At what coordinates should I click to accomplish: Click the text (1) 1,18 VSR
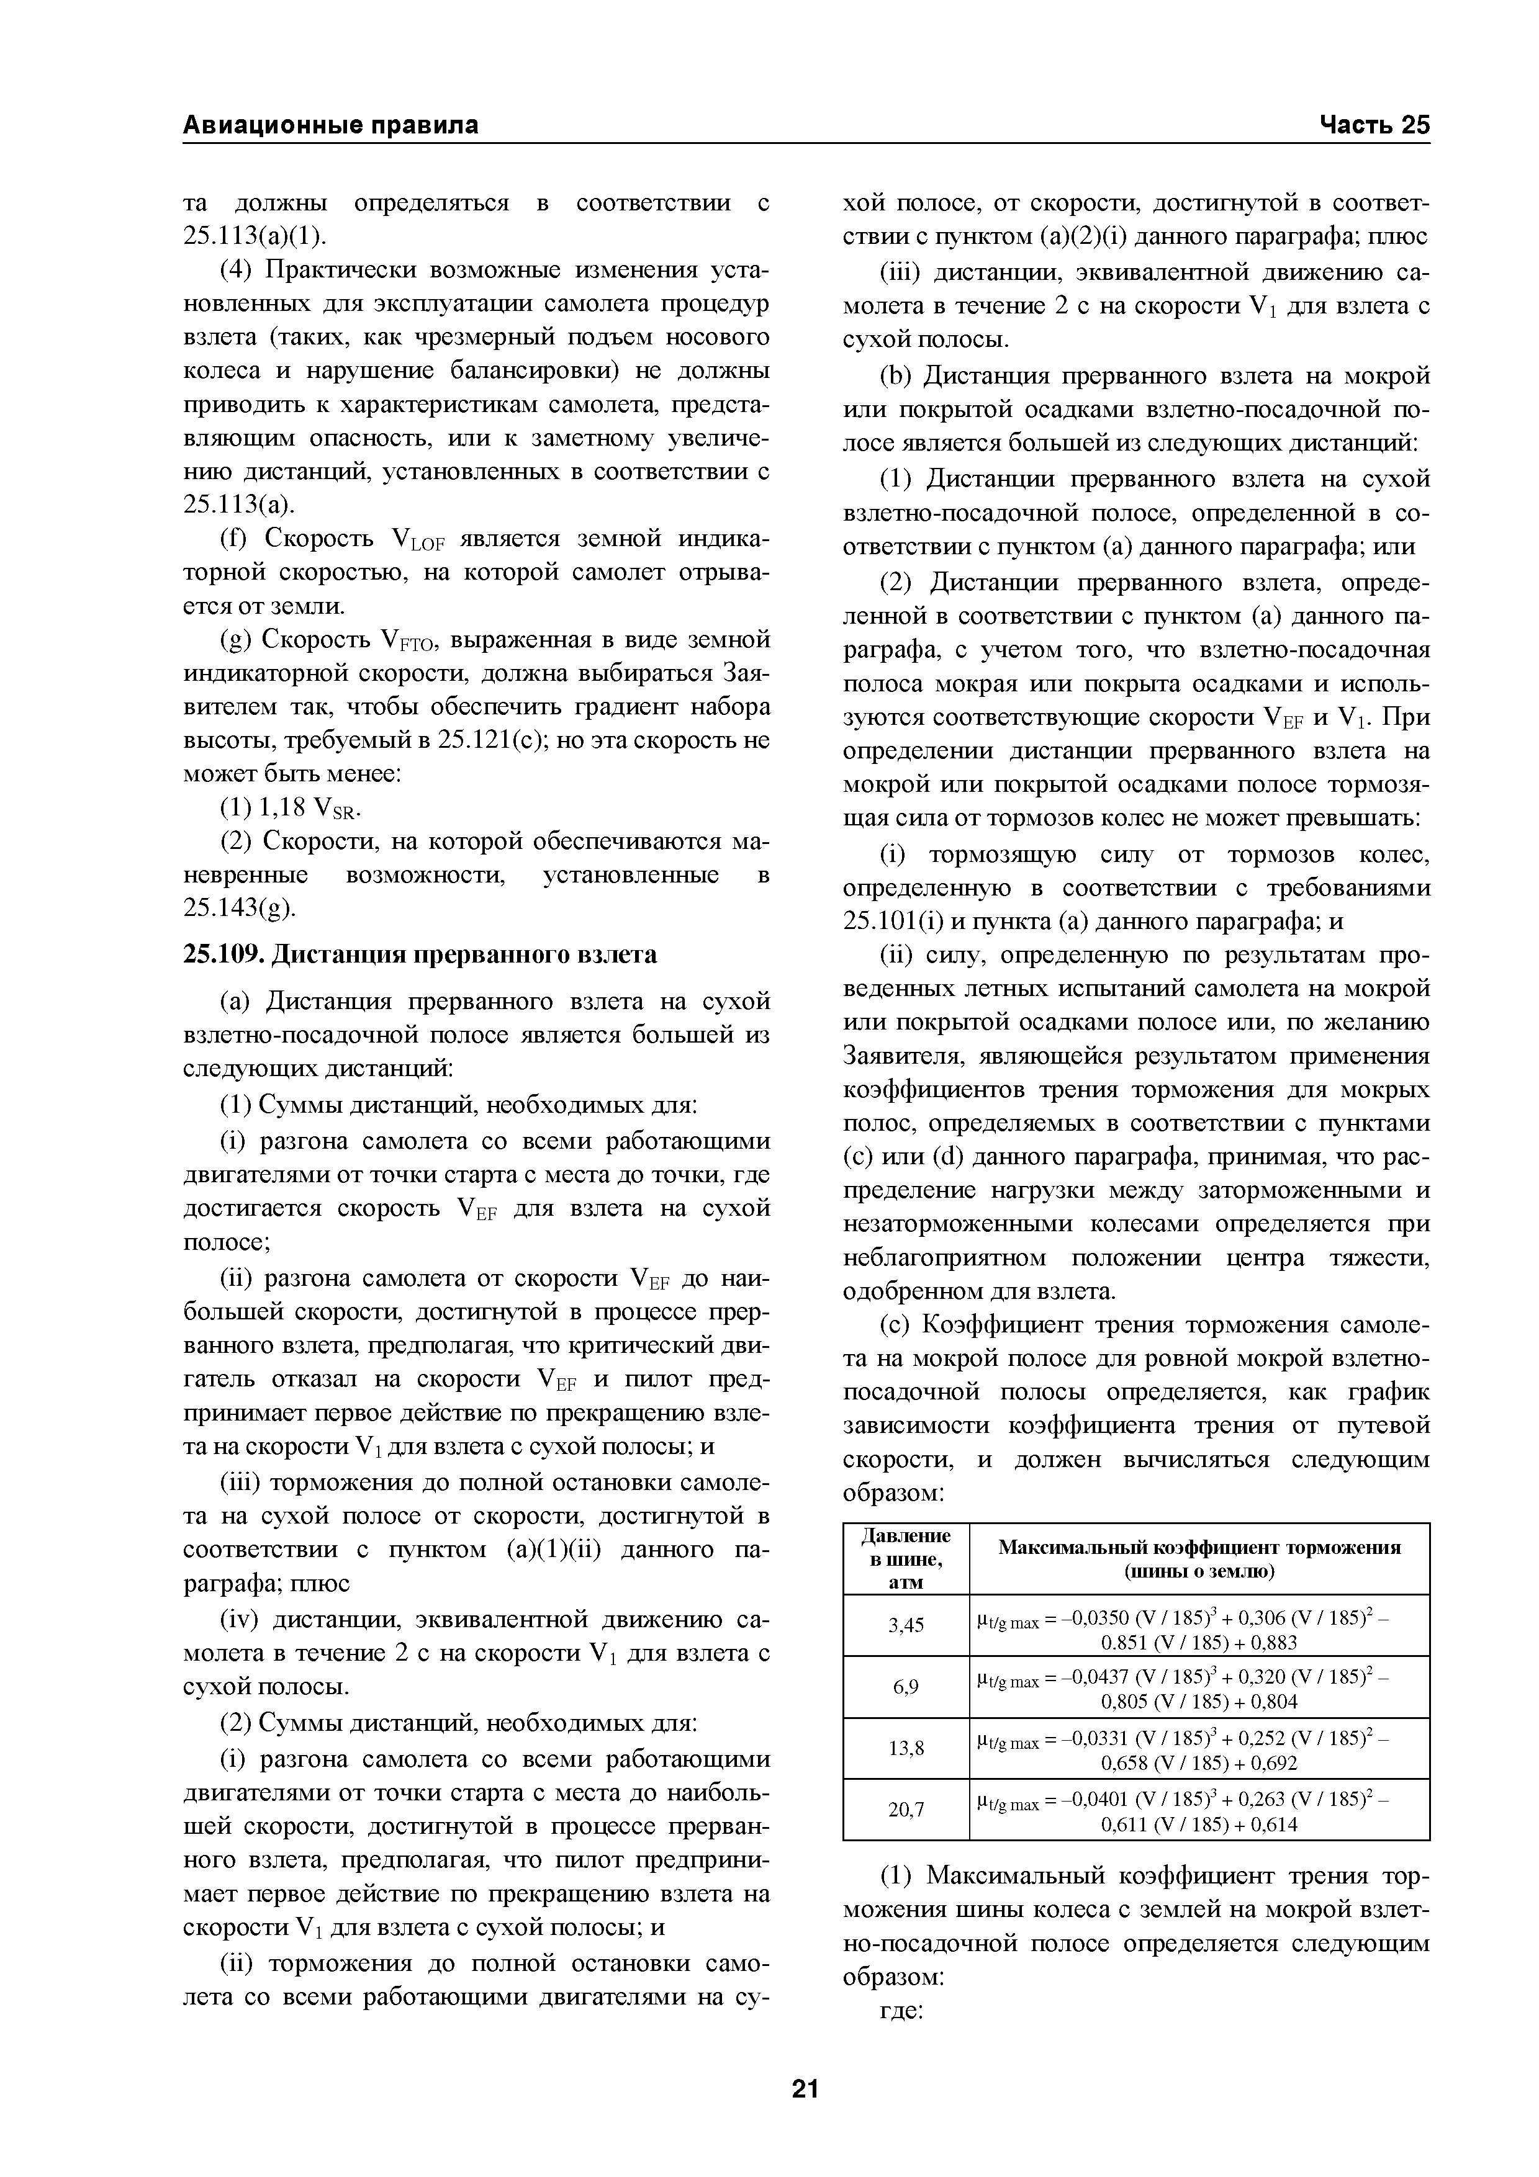(292, 807)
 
